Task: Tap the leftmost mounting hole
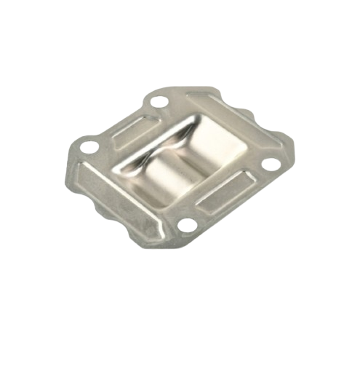tap(90, 149)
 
